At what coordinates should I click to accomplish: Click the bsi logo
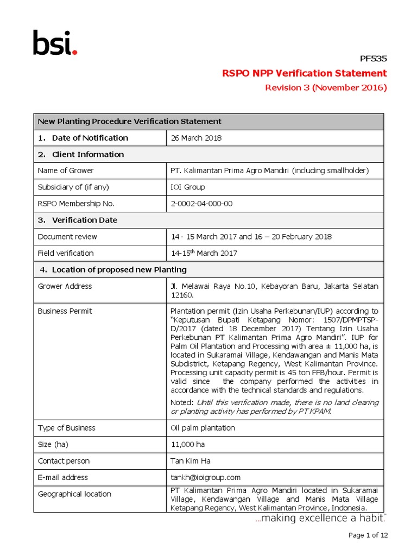[x=55, y=43]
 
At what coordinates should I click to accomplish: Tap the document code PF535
[x=374, y=59]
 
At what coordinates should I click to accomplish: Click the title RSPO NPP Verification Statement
[x=305, y=73]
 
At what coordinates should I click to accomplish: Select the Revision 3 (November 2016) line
[x=325, y=88]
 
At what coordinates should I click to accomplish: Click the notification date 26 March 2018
[x=196, y=138]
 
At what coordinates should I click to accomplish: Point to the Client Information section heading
[x=87, y=154]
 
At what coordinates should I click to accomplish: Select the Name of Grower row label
[x=66, y=170]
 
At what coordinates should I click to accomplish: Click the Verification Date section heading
[x=84, y=220]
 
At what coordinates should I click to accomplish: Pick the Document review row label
[x=67, y=237]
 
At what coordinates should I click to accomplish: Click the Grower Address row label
[x=65, y=286]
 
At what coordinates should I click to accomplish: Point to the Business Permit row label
[x=65, y=311]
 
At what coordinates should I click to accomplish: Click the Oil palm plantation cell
[x=203, y=428]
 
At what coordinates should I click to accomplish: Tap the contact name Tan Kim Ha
[x=191, y=461]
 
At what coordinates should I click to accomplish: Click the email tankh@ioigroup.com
[x=205, y=477]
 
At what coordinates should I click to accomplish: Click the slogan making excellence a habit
[x=321, y=519]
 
